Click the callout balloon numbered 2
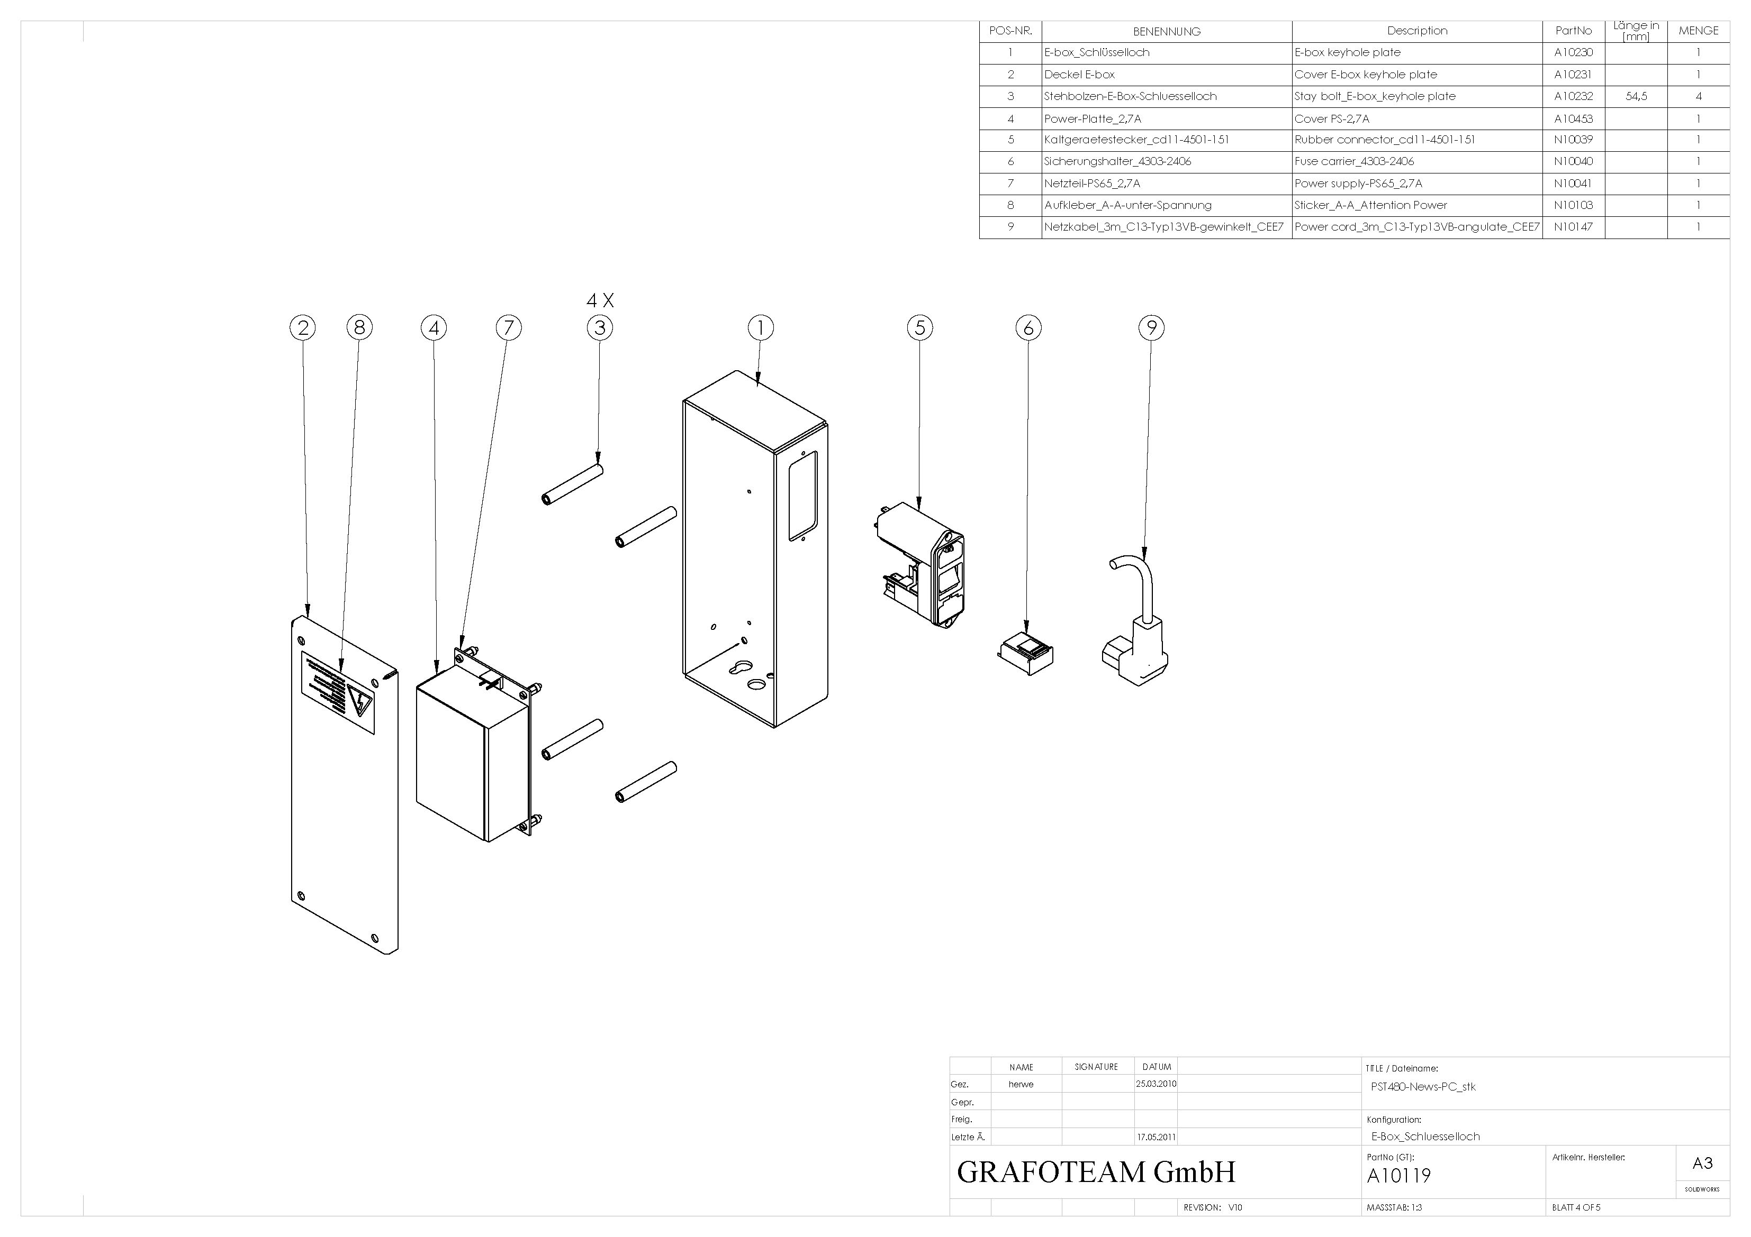pos(303,328)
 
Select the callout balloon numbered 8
pos(359,328)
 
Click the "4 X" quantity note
pos(600,300)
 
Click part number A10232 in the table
pos(1573,97)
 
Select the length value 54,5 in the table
pos(1636,97)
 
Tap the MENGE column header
pos(1699,31)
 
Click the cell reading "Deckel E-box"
pos(1079,75)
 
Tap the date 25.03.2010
pos(1156,1084)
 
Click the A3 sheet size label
pos(1702,1163)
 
